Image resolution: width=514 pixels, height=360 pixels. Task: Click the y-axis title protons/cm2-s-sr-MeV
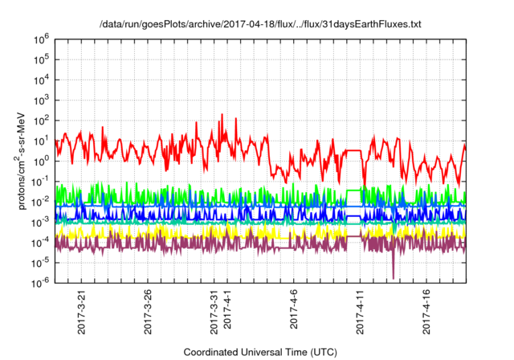click(x=24, y=160)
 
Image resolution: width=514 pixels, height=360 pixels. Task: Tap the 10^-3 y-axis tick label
click(x=43, y=221)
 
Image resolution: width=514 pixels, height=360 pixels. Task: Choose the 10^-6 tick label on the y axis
click(x=43, y=281)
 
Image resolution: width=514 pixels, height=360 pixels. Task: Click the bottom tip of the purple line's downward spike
click(x=394, y=278)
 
